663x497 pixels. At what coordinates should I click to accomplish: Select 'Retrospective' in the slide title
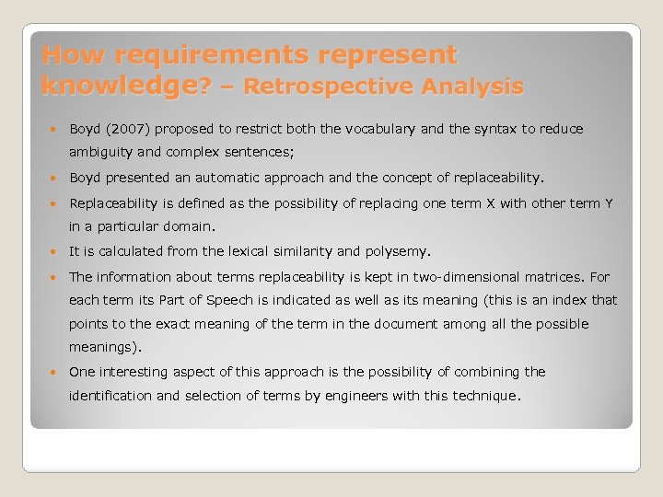click(332, 87)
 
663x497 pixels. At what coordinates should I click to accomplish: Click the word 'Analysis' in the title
click(473, 87)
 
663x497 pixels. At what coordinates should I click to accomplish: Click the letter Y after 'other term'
click(609, 202)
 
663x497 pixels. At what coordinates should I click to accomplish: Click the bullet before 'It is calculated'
click(57, 251)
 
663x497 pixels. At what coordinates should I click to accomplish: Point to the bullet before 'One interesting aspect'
click(57, 373)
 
